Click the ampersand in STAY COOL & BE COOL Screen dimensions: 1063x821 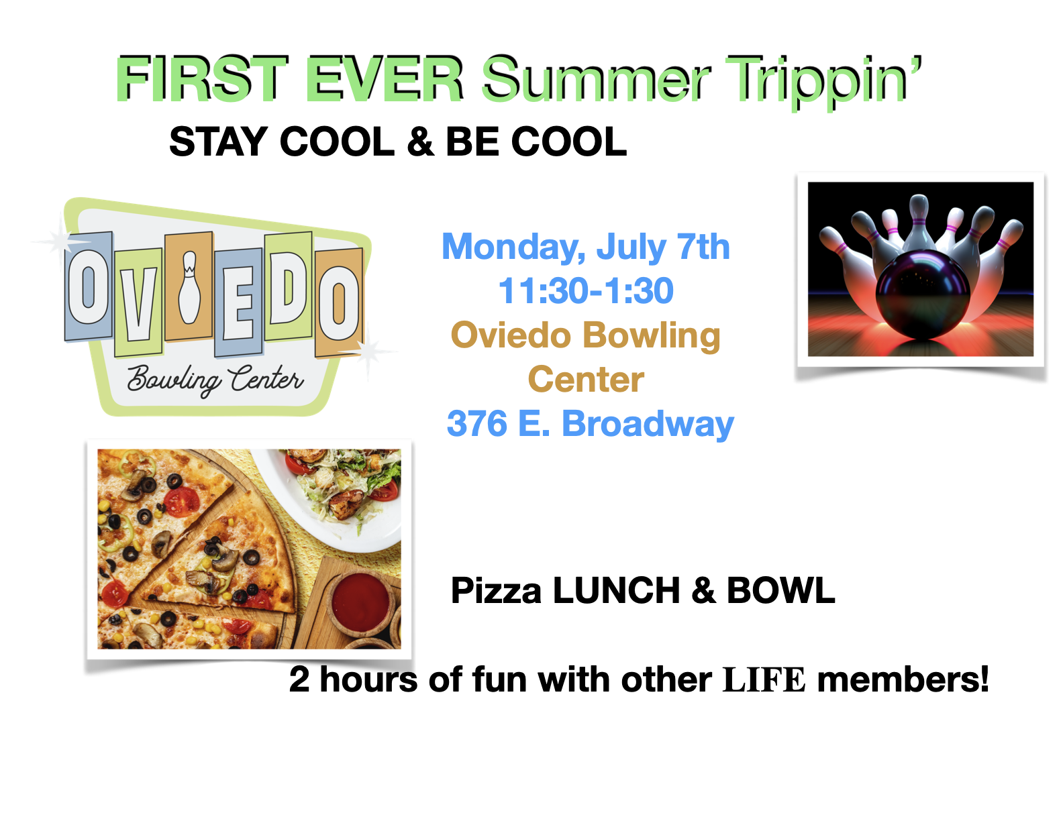pos(420,142)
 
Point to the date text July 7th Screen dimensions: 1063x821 pos(663,247)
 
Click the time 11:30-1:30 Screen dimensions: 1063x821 pos(586,291)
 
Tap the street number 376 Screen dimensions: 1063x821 pos(477,423)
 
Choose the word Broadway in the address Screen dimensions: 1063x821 pos(648,425)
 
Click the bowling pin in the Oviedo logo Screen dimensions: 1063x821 pos(189,288)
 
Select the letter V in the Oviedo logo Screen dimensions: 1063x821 pos(138,303)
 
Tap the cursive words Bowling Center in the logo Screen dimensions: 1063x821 pos(215,380)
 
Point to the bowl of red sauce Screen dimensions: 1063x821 pos(360,602)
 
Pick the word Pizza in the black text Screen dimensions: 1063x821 pos(496,591)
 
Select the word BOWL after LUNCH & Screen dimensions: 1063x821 pos(780,590)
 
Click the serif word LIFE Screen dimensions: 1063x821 pos(764,680)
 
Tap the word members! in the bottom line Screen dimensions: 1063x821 pos(903,679)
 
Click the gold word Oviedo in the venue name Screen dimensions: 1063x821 pos(511,336)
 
